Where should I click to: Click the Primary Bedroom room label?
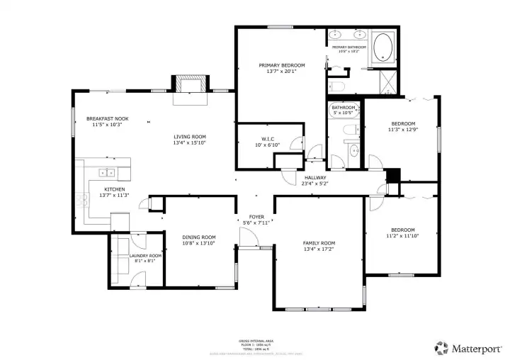(x=281, y=64)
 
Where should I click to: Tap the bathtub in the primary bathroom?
(x=385, y=47)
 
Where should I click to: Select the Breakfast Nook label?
(x=107, y=118)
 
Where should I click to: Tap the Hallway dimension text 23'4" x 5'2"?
(x=315, y=184)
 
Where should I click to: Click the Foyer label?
(x=256, y=217)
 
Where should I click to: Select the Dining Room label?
(x=200, y=237)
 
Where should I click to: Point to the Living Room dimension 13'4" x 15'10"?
(x=189, y=142)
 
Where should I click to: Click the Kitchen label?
(x=115, y=189)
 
